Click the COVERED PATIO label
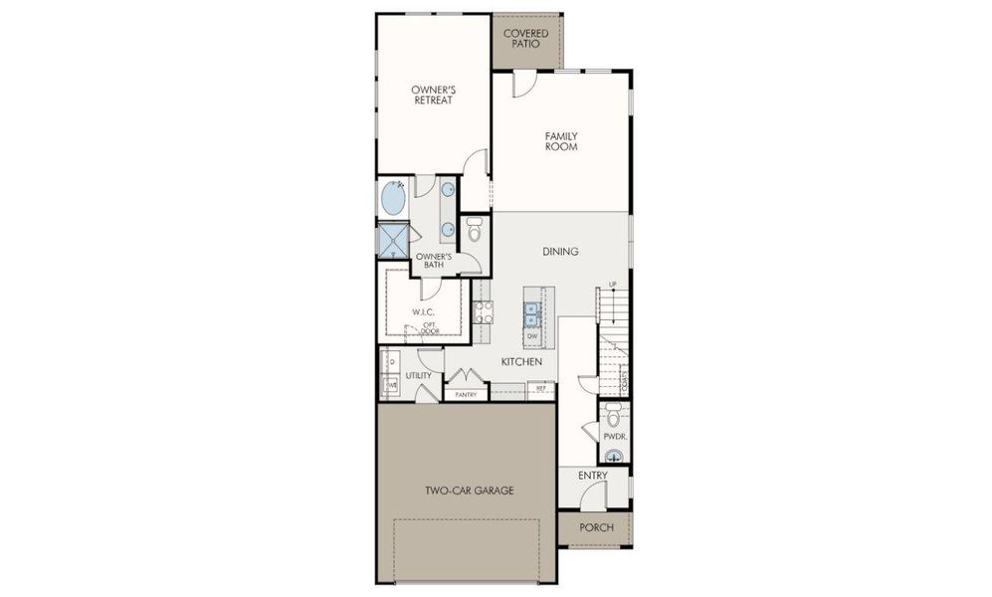[525, 39]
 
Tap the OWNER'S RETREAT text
[433, 95]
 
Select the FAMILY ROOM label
[561, 141]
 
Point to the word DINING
[561, 252]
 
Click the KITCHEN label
[520, 361]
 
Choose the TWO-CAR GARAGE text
[470, 490]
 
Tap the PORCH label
[596, 527]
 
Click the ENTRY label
[593, 476]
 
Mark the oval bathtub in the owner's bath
[393, 198]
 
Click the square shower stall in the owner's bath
[391, 240]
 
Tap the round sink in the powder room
[614, 457]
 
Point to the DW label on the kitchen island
[532, 336]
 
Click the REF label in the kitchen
[541, 387]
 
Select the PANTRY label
[466, 395]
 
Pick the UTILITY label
[418, 375]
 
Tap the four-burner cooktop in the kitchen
[483, 313]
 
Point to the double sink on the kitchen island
[532, 313]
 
